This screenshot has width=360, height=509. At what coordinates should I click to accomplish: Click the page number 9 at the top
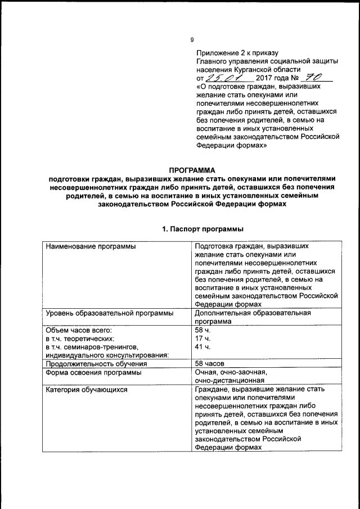192,39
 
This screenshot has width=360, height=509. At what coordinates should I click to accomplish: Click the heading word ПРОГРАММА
192,170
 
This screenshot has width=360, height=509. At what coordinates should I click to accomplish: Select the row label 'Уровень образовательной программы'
109,313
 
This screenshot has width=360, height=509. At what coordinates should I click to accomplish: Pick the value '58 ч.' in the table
202,330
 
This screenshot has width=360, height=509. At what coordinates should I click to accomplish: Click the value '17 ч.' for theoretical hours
202,338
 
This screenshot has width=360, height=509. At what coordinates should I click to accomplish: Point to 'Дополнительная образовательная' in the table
252,313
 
